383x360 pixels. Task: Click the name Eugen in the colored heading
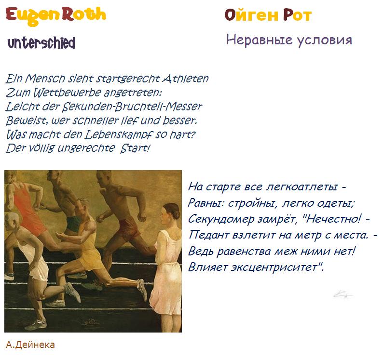click(33, 15)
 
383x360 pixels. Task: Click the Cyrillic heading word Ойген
click(252, 15)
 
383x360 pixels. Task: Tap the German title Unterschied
click(41, 43)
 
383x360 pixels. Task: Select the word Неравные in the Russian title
click(259, 40)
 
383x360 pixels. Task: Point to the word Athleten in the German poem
click(186, 79)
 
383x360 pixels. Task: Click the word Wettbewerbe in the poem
click(67, 93)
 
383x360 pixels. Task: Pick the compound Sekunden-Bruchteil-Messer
click(132, 107)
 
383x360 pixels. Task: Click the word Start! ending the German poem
click(135, 148)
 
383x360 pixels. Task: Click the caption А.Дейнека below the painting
click(30, 345)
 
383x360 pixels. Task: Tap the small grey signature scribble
click(342, 294)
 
